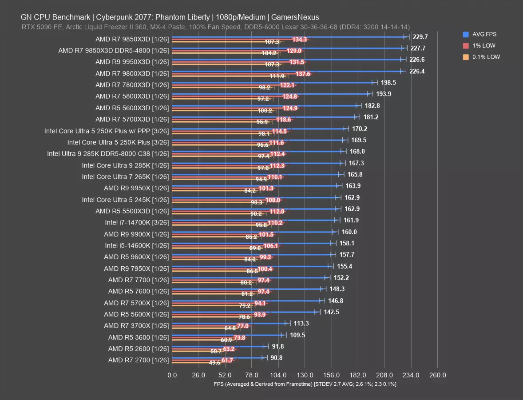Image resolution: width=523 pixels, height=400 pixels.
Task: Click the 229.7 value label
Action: pos(420,37)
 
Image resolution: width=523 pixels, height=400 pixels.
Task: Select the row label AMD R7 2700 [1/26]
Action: pos(139,360)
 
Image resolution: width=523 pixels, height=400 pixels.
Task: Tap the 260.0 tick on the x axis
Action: pos(437,375)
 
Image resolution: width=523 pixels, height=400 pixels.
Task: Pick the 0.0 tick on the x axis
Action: pos(172,375)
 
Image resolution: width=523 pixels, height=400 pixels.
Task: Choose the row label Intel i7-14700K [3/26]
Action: pos(137,223)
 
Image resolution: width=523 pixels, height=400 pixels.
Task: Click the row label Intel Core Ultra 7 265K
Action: pos(126,177)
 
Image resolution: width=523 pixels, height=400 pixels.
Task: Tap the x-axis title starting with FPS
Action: pos(305,384)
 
